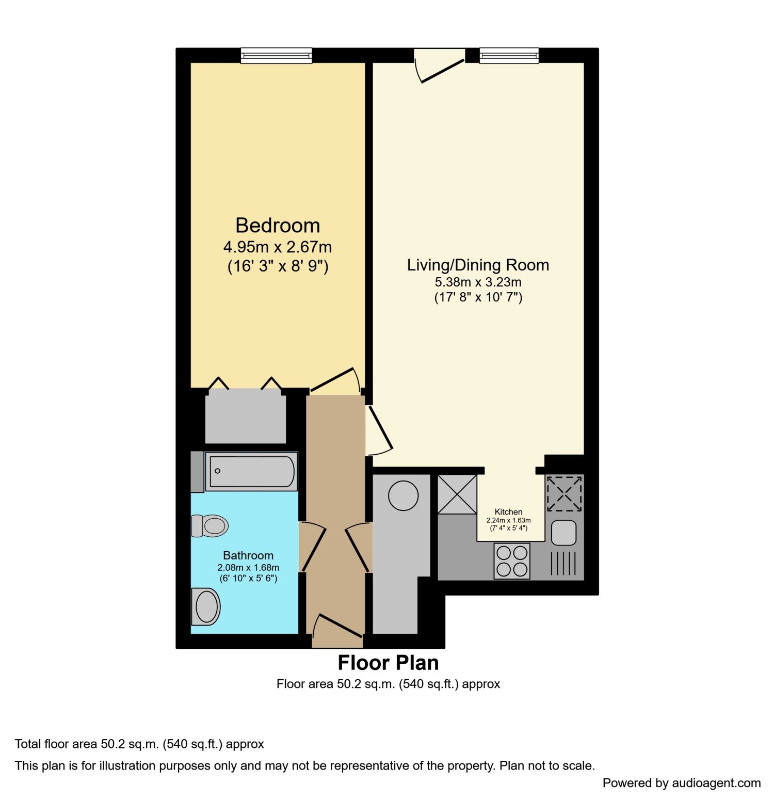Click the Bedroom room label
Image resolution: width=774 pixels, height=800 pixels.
[278, 226]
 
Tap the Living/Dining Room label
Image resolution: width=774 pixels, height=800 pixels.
[478, 265]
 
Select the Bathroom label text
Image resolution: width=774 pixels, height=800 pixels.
[248, 555]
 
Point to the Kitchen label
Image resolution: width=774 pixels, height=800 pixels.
[508, 511]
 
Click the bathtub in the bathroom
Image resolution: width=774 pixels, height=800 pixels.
[252, 471]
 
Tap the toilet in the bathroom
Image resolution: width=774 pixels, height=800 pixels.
[211, 526]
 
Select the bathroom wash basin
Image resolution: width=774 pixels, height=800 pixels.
[206, 606]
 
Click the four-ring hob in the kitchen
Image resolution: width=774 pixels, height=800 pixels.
[512, 561]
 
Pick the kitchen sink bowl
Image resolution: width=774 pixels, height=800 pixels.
[563, 533]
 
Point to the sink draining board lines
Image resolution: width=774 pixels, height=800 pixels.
[563, 564]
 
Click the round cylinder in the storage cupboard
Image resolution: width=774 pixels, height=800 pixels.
[403, 495]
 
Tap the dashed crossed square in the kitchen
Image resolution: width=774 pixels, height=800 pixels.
[564, 494]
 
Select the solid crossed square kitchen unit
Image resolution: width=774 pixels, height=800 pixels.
[457, 494]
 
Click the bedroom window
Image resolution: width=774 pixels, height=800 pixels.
[277, 56]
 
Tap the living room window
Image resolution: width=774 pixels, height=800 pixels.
[509, 56]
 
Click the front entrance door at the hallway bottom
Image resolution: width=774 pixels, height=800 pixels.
[338, 626]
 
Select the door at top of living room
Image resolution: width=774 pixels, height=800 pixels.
[441, 70]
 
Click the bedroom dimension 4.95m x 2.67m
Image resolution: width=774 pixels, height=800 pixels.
[278, 247]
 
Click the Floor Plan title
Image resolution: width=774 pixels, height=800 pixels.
[388, 662]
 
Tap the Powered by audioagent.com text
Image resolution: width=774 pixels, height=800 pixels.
[681, 783]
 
